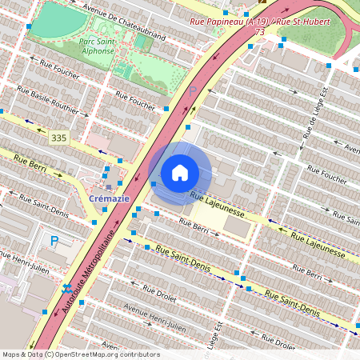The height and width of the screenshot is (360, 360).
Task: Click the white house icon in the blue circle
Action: [x=180, y=173]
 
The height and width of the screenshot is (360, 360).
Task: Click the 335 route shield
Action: [x=58, y=138]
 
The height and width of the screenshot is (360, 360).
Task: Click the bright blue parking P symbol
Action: [x=54, y=240]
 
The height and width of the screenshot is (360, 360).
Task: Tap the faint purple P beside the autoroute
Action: [x=192, y=90]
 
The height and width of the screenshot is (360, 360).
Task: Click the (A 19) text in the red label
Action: [x=258, y=21]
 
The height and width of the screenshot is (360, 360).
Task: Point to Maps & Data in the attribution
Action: [x=22, y=354]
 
